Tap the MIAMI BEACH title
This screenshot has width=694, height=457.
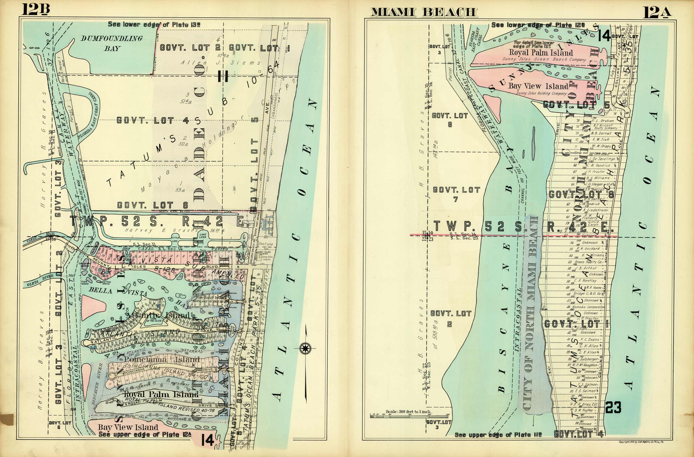pyautogui.click(x=423, y=12)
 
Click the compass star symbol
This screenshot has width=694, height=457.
pyautogui.click(x=305, y=348)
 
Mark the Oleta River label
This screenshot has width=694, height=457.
pyautogui.click(x=40, y=280)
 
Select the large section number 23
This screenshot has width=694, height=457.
pyautogui.click(x=613, y=407)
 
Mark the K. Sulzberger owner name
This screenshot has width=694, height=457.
pyautogui.click(x=588, y=359)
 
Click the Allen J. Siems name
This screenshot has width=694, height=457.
pyautogui.click(x=220, y=63)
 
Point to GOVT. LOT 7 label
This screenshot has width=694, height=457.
pyautogui.click(x=456, y=194)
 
